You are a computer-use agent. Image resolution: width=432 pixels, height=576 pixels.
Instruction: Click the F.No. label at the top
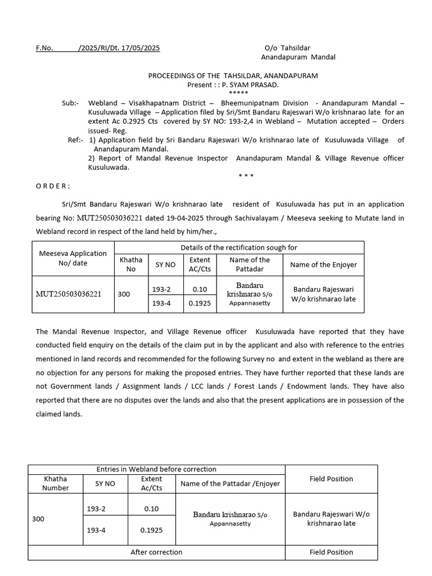point(44,48)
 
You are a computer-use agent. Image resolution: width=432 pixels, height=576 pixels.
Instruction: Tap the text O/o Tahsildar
point(287,48)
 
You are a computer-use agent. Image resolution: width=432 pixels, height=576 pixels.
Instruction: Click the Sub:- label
point(70,103)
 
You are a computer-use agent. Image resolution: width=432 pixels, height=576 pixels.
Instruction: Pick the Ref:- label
point(75,140)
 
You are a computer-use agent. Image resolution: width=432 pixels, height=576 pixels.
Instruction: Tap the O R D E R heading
point(53,186)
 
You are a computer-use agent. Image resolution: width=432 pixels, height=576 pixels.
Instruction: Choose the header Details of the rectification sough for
point(238,247)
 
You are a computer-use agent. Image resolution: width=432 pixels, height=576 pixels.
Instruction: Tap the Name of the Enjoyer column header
point(323,264)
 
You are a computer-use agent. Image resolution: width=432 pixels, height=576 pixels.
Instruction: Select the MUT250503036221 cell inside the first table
point(69,294)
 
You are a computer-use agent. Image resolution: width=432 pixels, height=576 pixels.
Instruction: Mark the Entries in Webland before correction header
point(156,469)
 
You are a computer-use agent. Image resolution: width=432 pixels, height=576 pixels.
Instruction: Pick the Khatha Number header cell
point(56,483)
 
